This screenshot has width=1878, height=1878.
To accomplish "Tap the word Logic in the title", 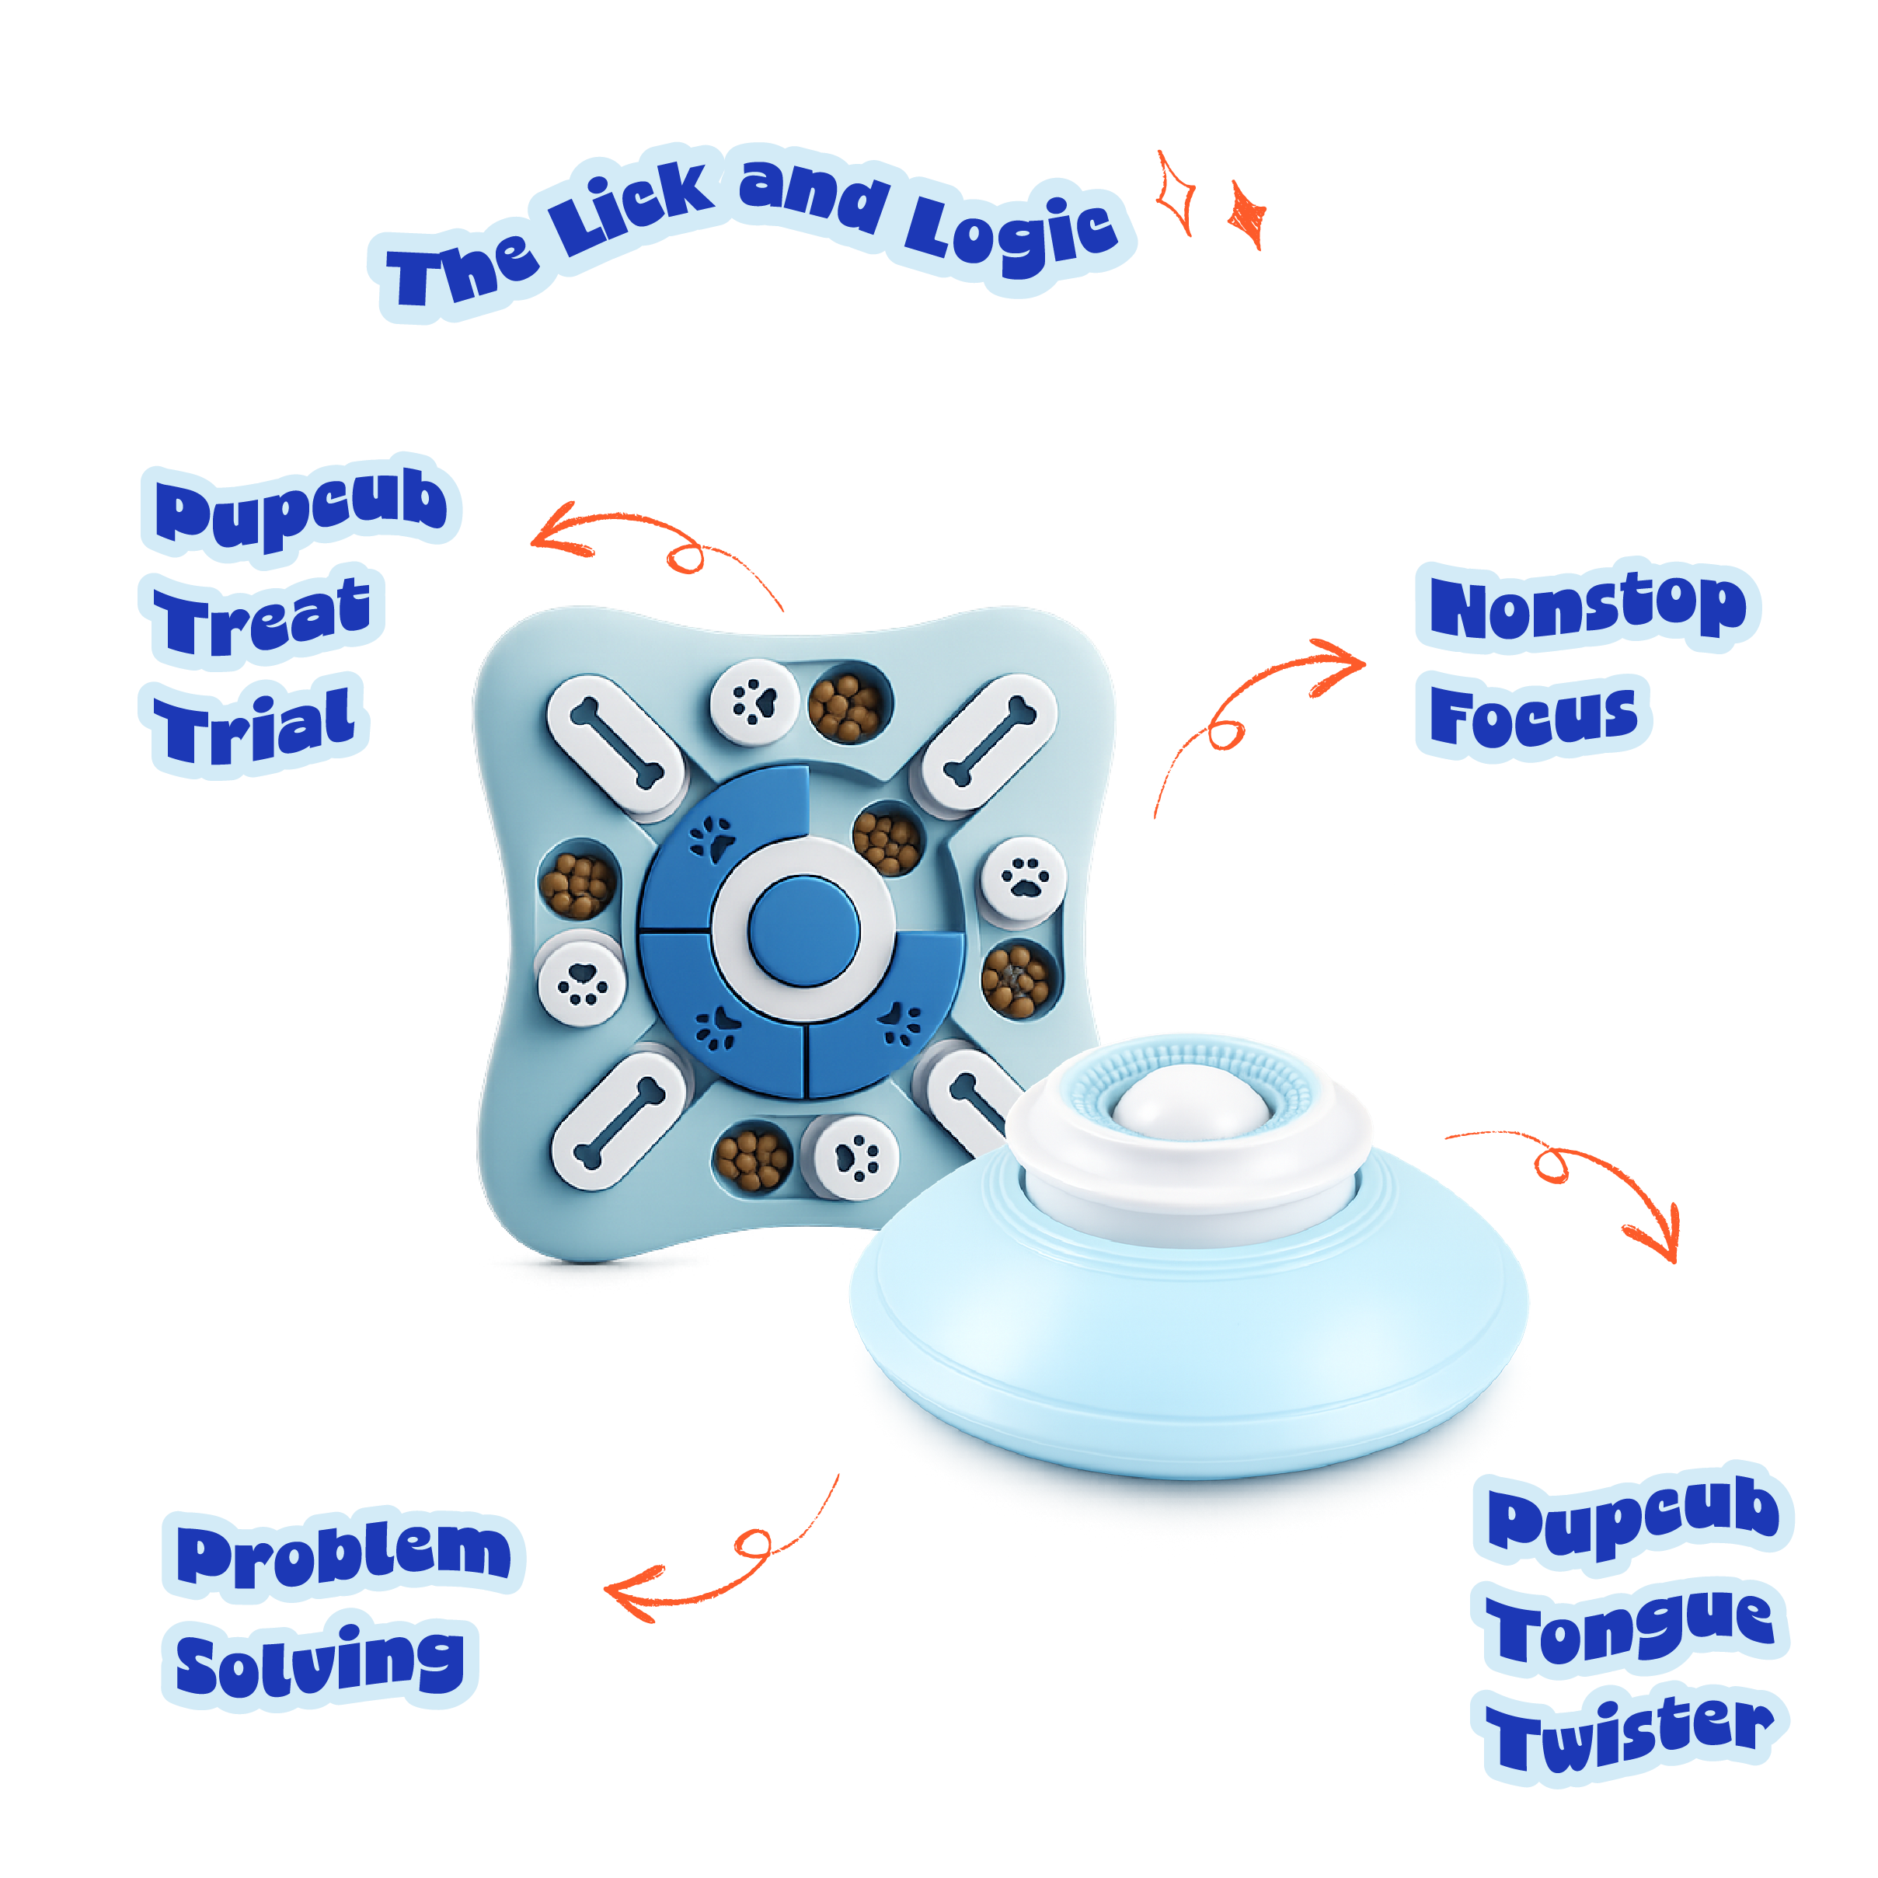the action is coord(1012,229).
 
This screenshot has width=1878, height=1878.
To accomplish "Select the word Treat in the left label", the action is coord(263,615).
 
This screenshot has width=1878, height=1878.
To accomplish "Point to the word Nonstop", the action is coord(1587,605).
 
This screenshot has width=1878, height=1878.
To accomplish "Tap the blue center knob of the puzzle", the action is coord(805,929).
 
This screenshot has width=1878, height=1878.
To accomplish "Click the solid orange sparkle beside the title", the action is coord(1248,214).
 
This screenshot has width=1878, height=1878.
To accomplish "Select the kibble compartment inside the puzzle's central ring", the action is coord(887,838).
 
